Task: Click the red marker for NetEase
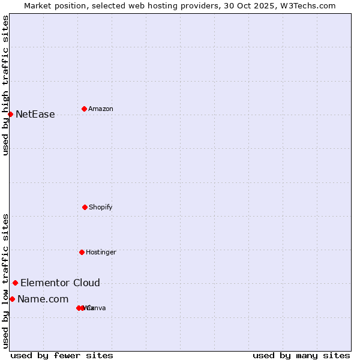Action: pos(10,114)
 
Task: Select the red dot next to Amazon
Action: pos(84,109)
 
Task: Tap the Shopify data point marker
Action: pos(85,207)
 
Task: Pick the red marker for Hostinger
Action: pos(82,252)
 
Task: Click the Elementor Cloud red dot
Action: pos(15,283)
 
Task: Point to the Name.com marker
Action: pos(12,299)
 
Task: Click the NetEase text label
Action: pos(35,115)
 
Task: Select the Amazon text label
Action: pos(101,109)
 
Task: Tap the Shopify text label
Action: pos(101,208)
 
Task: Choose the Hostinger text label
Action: pos(101,253)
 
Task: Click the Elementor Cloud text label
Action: pos(60,283)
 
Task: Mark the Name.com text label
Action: pos(43,299)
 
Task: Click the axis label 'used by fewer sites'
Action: pos(62,355)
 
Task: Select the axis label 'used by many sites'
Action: pos(301,355)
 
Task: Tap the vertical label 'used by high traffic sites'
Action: pos(5,85)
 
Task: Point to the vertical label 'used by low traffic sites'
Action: pos(5,281)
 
